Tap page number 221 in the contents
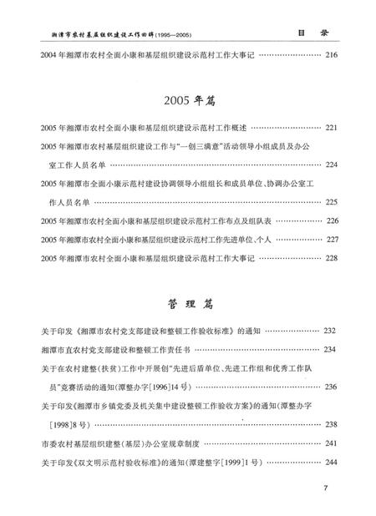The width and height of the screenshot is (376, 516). click(331, 128)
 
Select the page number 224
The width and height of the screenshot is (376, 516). click(331, 165)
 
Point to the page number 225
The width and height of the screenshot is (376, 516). click(331, 202)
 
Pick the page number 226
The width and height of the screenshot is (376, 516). click(331, 221)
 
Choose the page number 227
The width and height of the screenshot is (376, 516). click(331, 240)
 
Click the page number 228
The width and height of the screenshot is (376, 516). click(331, 258)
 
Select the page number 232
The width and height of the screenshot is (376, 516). click(331, 331)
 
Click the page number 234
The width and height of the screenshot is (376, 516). click(331, 349)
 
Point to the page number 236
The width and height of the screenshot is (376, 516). click(331, 387)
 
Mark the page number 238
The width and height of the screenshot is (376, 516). click(331, 424)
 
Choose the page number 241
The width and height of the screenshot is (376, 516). click(331, 443)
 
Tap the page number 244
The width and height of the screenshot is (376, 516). click(331, 461)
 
